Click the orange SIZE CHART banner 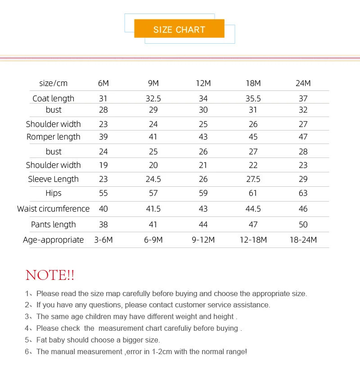(x=179, y=29)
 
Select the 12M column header (x=203, y=83)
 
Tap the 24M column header (x=303, y=83)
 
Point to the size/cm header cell (x=54, y=83)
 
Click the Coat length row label (x=54, y=99)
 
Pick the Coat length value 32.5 (x=153, y=99)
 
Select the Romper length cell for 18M (x=253, y=137)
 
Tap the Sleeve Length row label (x=54, y=179)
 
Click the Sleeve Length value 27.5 (x=253, y=179)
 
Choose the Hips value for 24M (x=303, y=193)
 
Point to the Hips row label (x=54, y=193)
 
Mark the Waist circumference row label (x=54, y=209)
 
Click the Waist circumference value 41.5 (x=153, y=209)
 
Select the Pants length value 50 (x=303, y=225)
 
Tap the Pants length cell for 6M (x=103, y=225)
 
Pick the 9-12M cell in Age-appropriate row (x=203, y=240)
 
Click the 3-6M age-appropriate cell (x=103, y=240)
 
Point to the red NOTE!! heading (x=50, y=275)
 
